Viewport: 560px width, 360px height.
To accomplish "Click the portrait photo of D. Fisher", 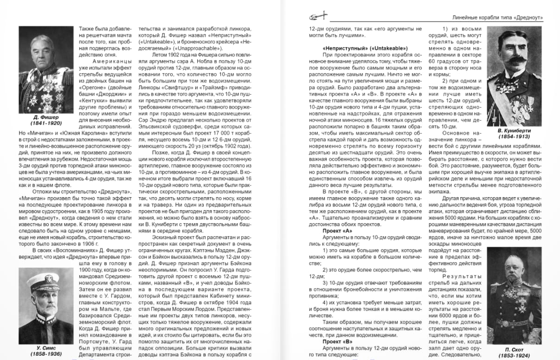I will (x=46, y=70).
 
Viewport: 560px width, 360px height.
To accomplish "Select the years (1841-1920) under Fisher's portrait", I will (x=46, y=124).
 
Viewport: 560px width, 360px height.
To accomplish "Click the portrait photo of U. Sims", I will (x=46, y=306).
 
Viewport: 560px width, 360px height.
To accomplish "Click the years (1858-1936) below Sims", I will (x=46, y=354).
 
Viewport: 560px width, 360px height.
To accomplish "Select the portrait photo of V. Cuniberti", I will (x=514, y=76).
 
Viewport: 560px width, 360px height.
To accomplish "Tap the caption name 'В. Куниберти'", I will (x=514, y=131).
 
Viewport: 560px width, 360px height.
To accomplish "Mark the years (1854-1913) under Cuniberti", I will (x=514, y=137).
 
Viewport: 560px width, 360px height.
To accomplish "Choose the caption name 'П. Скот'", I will (x=514, y=349).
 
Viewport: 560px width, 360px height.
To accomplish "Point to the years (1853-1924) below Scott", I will (x=514, y=355).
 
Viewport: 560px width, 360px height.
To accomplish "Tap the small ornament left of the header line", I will (x=317, y=17).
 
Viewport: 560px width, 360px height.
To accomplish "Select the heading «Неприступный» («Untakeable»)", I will (x=365, y=48).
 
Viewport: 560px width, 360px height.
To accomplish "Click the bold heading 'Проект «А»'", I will (x=337, y=231).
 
